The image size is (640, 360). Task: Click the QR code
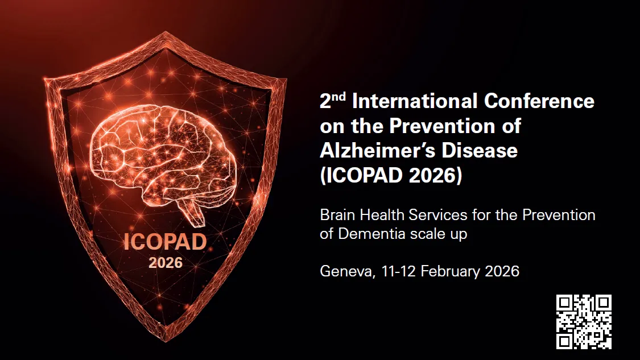(x=584, y=321)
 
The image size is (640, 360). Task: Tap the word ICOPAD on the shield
(x=165, y=242)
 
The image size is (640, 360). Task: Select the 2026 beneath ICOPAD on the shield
(x=166, y=263)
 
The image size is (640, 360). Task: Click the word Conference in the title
(x=539, y=101)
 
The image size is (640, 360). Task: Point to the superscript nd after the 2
(x=340, y=97)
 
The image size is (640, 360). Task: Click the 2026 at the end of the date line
(x=502, y=271)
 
